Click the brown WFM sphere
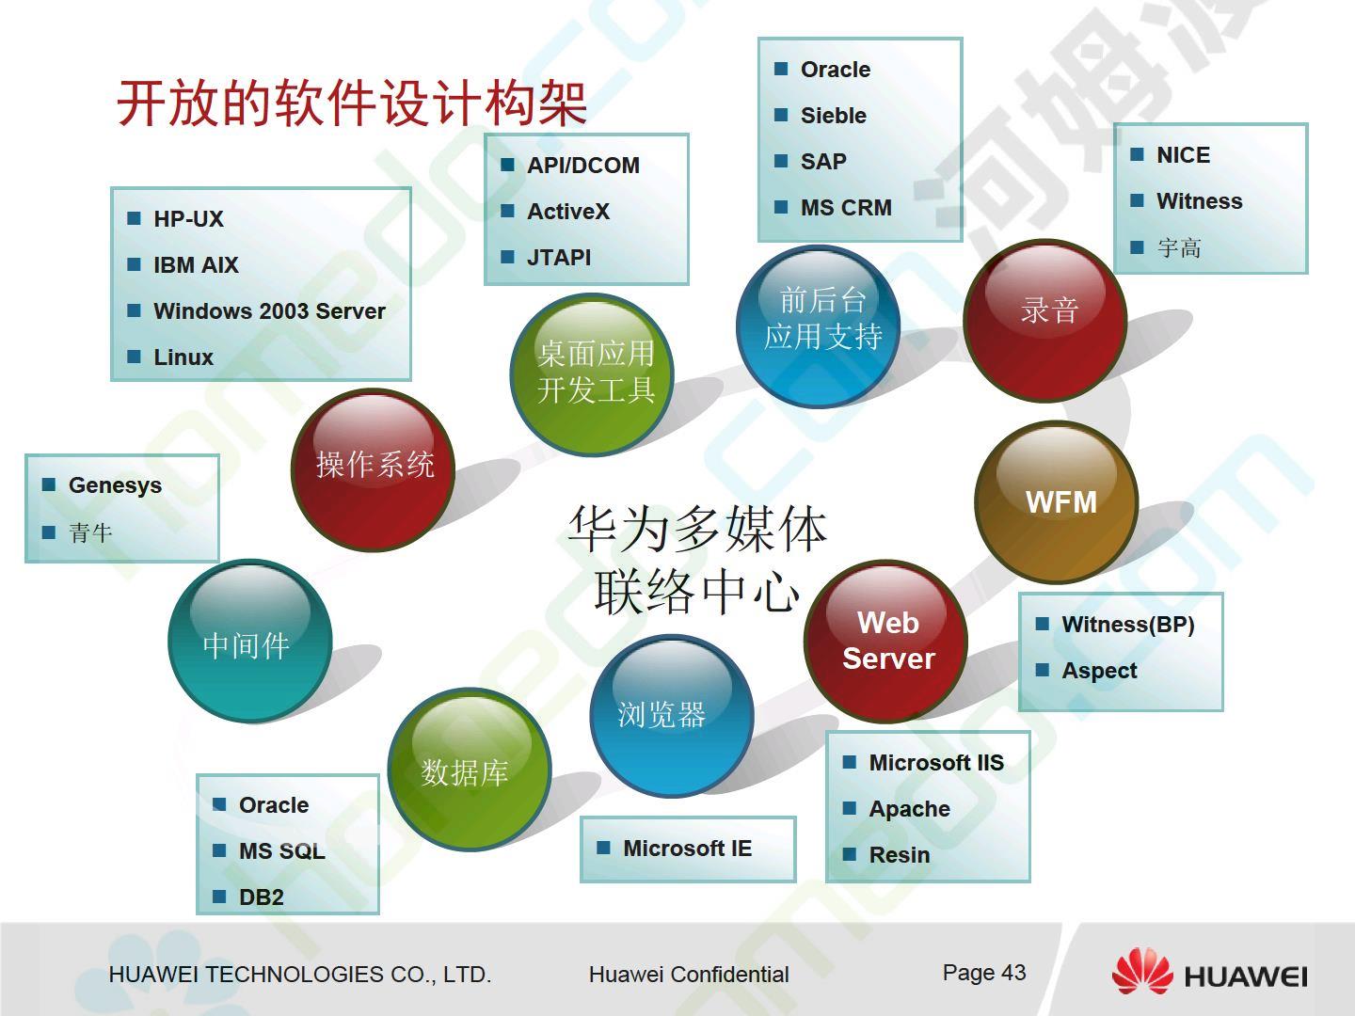(x=1056, y=502)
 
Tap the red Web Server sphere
(x=885, y=641)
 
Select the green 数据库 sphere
(x=470, y=769)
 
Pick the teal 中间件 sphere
(x=250, y=641)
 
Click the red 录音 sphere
(x=1045, y=320)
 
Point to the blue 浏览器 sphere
(x=672, y=716)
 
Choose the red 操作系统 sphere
(x=373, y=469)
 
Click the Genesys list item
(x=115, y=486)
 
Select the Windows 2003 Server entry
(x=269, y=310)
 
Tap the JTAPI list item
(x=559, y=257)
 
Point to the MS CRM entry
(x=846, y=207)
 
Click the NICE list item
(x=1184, y=155)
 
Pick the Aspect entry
(x=1099, y=671)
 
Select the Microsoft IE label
(x=687, y=849)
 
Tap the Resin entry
(x=899, y=855)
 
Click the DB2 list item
(x=262, y=897)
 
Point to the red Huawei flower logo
(x=1142, y=972)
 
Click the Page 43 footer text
(x=984, y=973)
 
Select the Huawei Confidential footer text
(x=689, y=975)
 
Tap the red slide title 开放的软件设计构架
(x=352, y=103)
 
